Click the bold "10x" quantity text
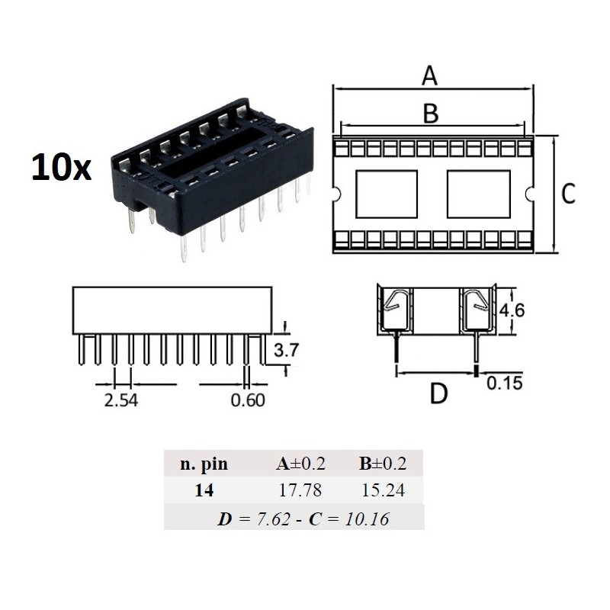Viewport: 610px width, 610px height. pos(61,165)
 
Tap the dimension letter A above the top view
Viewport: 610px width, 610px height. pos(431,76)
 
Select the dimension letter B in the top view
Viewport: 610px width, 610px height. pos(431,113)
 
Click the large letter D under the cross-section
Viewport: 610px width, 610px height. pos(438,395)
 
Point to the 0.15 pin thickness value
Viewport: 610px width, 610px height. pos(506,383)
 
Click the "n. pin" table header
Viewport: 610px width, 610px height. pos(204,464)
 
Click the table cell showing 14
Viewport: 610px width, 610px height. pos(204,491)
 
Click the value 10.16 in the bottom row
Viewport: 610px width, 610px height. pos(362,519)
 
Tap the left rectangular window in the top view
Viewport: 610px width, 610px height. pos(387,194)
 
